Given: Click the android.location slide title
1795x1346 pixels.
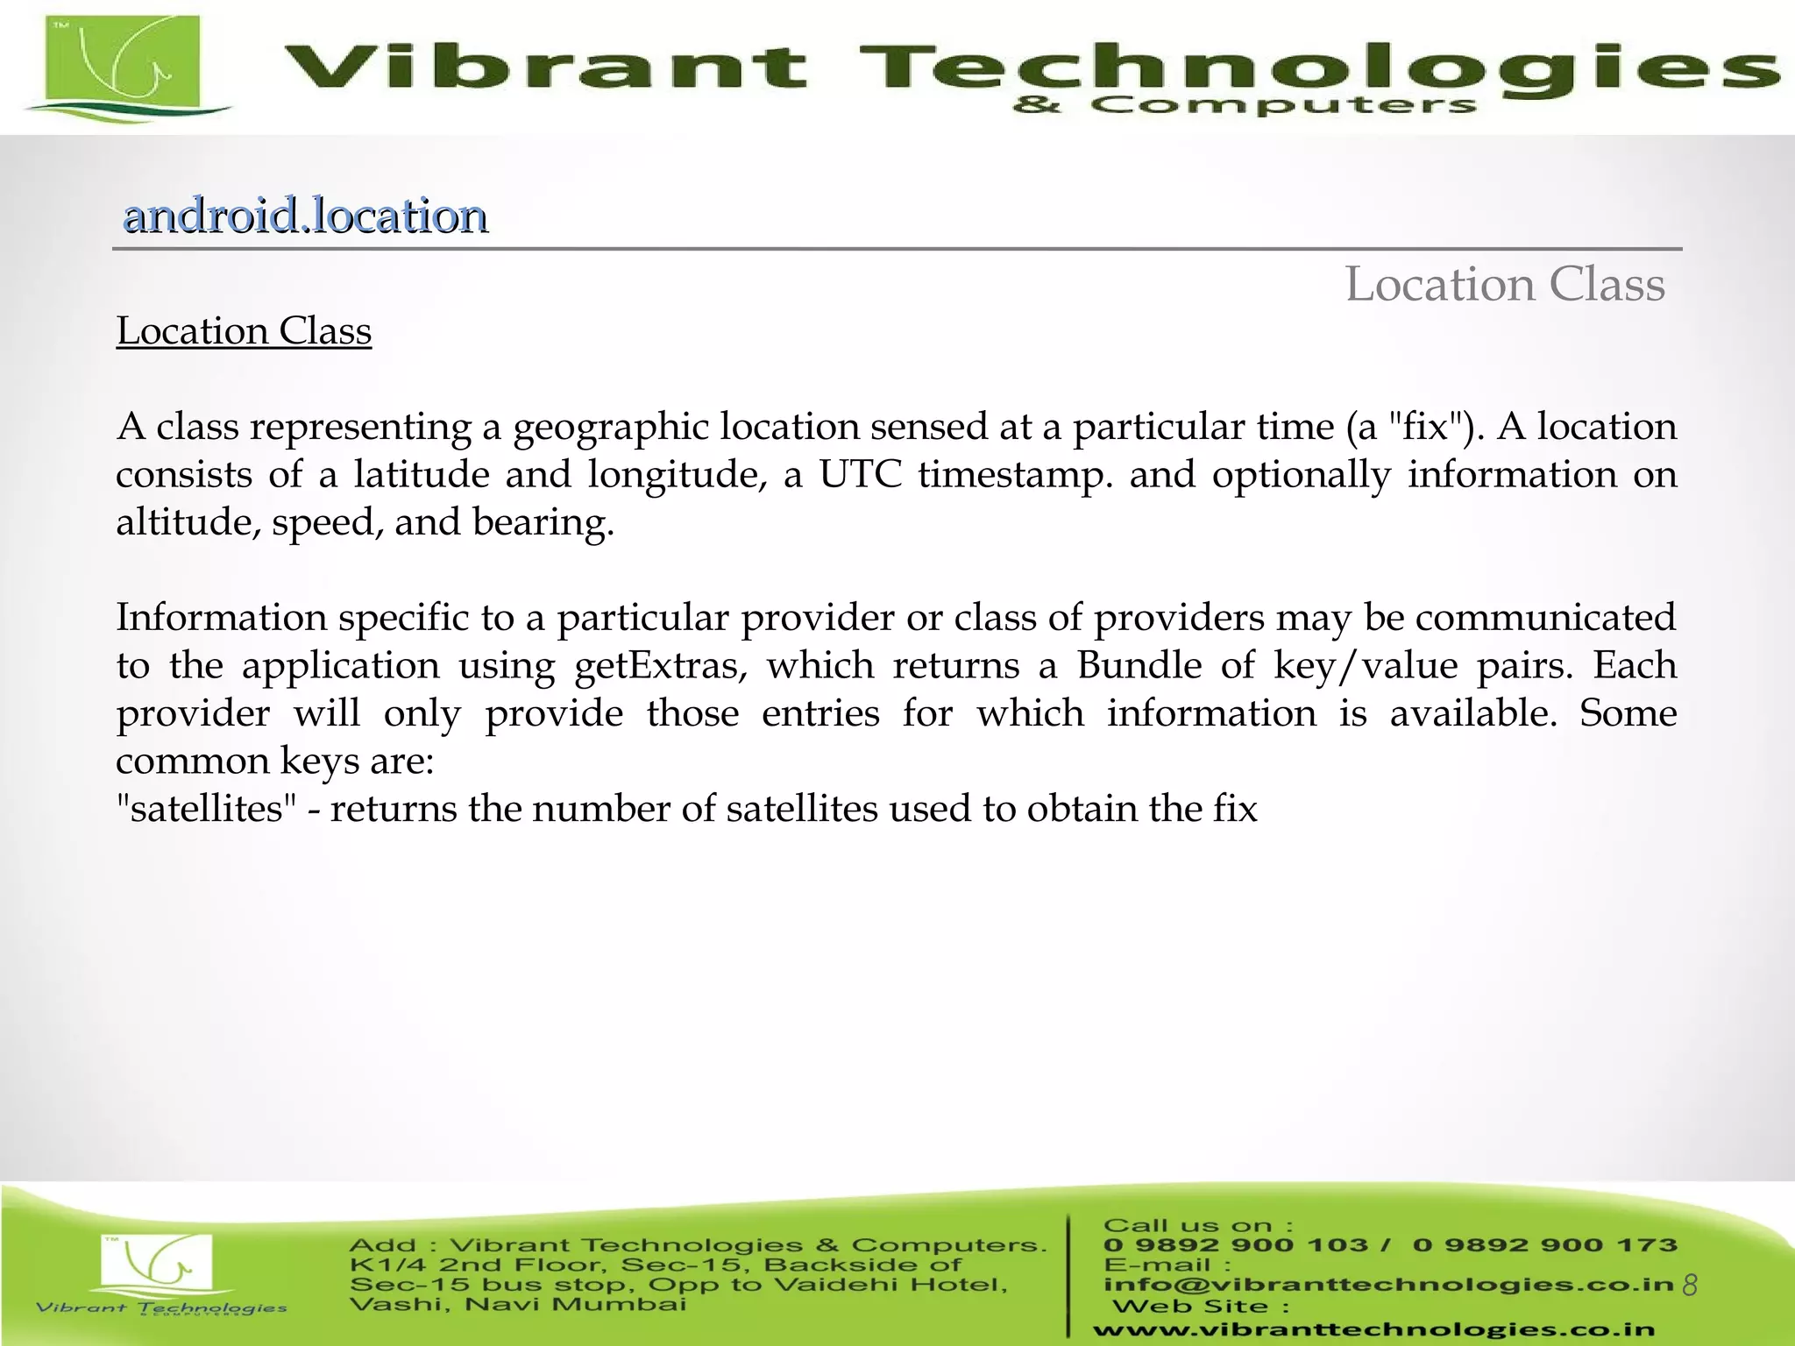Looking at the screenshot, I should (305, 216).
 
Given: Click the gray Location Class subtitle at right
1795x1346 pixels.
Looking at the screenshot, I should (1504, 285).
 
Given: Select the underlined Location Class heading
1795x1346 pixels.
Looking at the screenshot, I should (244, 331).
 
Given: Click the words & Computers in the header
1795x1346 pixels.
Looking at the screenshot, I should (1245, 106).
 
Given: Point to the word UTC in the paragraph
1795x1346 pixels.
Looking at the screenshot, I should (860, 475).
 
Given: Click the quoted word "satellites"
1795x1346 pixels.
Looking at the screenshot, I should (207, 809).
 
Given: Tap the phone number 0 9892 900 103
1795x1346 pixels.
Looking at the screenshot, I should (1235, 1245).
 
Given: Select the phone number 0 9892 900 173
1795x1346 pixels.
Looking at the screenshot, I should (1544, 1245).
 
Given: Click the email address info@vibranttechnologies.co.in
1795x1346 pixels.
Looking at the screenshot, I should (1388, 1285).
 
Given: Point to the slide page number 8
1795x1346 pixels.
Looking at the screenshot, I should (1690, 1285).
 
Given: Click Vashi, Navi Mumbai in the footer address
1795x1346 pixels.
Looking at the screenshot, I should (518, 1305).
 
